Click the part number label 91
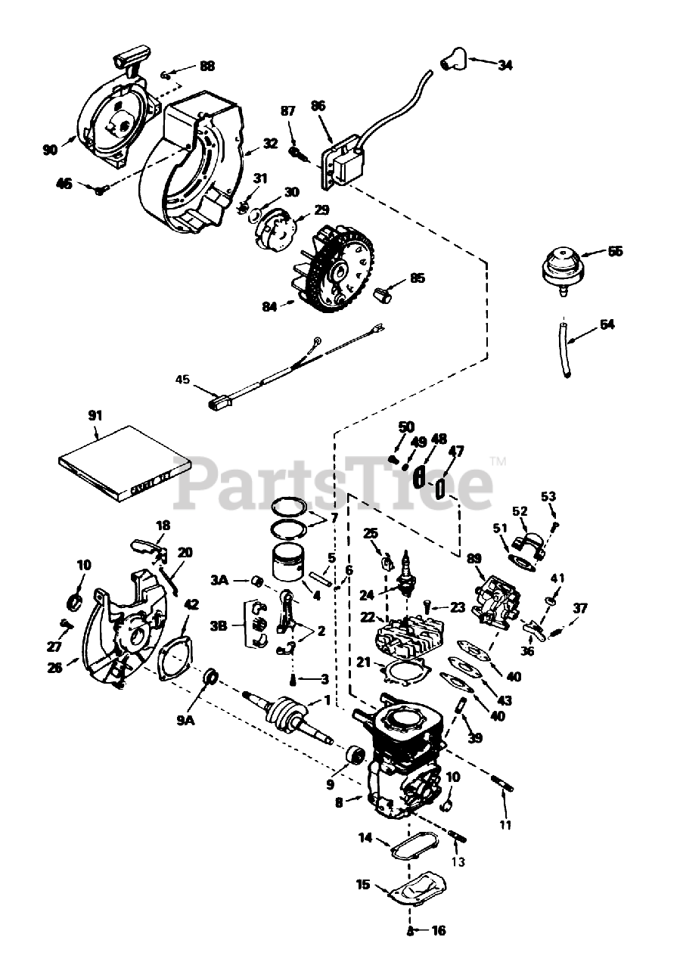coord(95,414)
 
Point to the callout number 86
coord(318,107)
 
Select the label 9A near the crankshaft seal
coord(186,721)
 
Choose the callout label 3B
coord(219,625)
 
